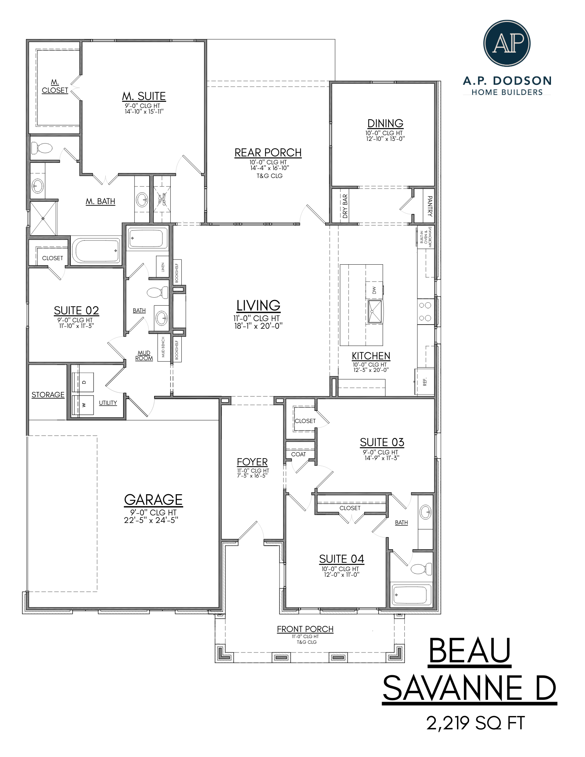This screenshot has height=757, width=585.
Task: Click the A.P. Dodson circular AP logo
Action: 507,44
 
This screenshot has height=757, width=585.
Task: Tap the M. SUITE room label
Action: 144,97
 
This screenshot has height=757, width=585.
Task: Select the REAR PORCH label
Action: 268,153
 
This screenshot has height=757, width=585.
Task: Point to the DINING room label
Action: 385,123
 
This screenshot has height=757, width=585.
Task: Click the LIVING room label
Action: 258,306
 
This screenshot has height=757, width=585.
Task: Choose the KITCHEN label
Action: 371,356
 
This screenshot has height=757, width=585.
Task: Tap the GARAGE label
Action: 153,500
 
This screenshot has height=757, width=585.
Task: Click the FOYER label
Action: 252,462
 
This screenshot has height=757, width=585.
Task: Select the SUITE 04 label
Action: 341,559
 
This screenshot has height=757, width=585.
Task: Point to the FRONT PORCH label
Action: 305,629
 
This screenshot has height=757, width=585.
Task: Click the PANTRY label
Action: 429,206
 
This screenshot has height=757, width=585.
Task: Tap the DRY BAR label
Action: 345,206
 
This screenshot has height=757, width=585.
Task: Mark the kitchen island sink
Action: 375,312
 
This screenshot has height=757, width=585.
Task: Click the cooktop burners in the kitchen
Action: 425,312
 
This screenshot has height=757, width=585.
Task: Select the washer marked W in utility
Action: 83,405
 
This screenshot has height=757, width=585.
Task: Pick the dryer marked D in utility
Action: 83,382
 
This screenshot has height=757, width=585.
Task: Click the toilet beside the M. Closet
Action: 42,148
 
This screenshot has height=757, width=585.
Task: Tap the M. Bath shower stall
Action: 43,219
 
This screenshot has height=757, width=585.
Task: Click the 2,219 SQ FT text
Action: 476,723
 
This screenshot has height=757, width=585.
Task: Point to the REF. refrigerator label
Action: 425,382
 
